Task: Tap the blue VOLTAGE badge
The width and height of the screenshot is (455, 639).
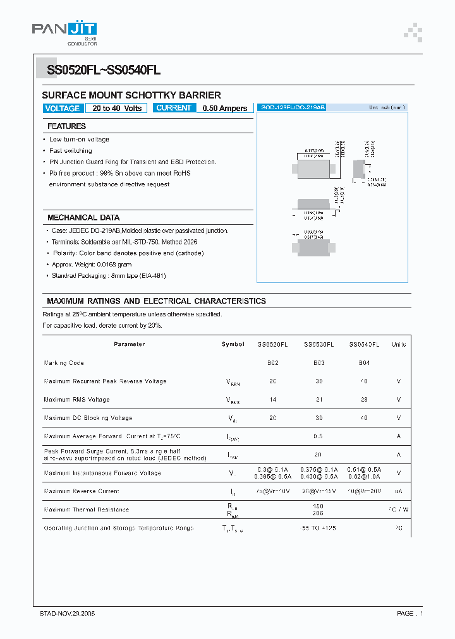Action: (x=63, y=109)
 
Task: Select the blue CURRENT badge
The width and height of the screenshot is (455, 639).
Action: (x=174, y=108)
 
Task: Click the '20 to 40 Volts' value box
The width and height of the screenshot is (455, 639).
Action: (x=117, y=109)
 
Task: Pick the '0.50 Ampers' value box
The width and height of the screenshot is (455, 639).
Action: (x=225, y=109)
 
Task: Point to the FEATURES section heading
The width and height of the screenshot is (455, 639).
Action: (x=67, y=126)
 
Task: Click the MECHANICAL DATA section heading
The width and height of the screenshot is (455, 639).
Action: (x=83, y=218)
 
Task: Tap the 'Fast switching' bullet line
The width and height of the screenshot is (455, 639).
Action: (x=71, y=151)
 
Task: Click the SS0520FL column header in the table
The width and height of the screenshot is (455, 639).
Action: (x=272, y=345)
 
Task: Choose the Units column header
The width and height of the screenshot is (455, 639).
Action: (x=399, y=345)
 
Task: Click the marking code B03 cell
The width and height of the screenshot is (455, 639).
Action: (x=318, y=363)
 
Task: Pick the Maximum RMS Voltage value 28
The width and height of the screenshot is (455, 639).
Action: (x=364, y=400)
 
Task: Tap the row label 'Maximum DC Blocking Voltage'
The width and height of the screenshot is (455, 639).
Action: (x=88, y=418)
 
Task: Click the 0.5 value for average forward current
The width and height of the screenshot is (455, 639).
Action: (x=318, y=436)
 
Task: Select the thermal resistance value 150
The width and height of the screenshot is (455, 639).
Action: (x=318, y=506)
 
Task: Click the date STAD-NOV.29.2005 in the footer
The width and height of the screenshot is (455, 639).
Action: (x=68, y=614)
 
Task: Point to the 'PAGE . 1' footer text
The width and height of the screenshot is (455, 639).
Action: (x=409, y=614)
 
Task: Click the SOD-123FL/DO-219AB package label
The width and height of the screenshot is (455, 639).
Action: (x=293, y=108)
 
